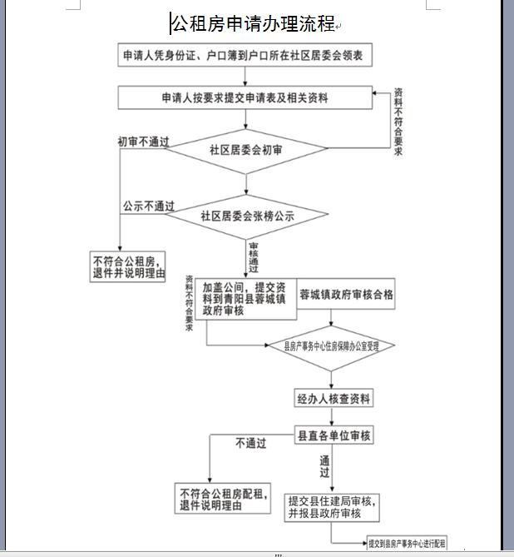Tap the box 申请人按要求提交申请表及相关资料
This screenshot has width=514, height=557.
[245, 97]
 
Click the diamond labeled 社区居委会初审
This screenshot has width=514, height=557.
[245, 151]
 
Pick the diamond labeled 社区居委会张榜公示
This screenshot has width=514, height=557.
[246, 216]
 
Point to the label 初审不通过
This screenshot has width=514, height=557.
[143, 142]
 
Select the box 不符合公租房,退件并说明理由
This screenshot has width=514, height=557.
[128, 266]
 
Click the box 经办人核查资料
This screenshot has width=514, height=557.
[334, 398]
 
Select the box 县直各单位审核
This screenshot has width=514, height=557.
[334, 435]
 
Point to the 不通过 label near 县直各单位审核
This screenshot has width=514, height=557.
[250, 443]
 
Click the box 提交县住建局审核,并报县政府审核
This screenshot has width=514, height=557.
[334, 506]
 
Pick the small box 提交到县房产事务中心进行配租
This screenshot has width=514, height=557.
[407, 542]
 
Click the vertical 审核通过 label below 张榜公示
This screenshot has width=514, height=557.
[253, 259]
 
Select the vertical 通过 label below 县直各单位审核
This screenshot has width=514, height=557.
[324, 467]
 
